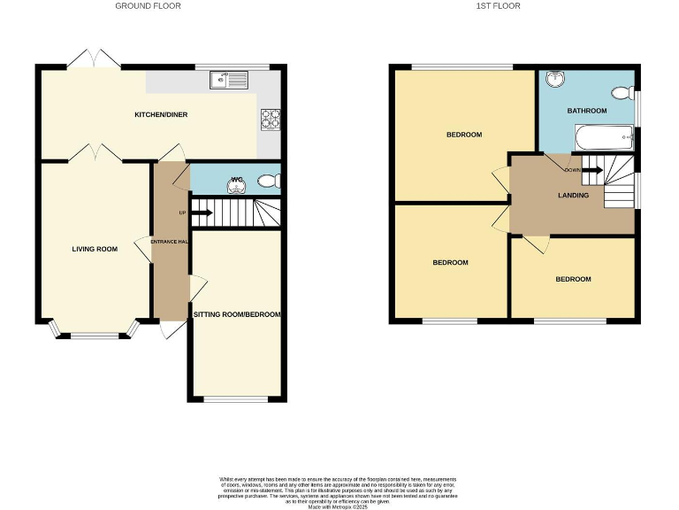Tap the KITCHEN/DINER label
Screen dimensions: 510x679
point(160,114)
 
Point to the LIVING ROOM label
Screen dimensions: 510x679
point(95,249)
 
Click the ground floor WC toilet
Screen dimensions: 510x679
point(268,182)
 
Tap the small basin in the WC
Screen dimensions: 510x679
point(237,183)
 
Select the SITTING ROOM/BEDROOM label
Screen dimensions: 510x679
point(236,314)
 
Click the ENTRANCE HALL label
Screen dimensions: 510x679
point(169,242)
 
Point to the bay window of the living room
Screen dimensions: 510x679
point(95,333)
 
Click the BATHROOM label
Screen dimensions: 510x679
point(587,111)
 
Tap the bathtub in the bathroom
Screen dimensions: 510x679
point(604,138)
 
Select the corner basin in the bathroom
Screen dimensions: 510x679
point(554,80)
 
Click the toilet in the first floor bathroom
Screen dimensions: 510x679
point(622,92)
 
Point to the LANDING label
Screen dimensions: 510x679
point(573,195)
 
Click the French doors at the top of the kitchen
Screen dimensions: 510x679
point(95,58)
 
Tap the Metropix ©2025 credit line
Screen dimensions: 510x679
point(339,505)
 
